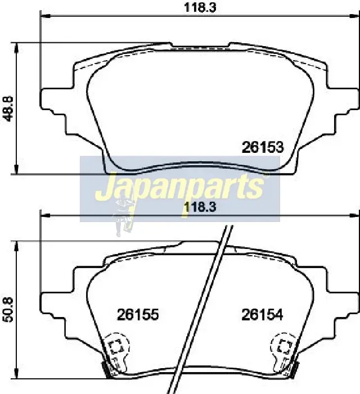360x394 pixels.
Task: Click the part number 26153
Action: pos(263,147)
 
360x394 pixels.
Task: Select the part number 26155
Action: pos(138,315)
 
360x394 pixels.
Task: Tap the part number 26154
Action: pos(262,315)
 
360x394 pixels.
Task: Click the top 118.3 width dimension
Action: pos(200,7)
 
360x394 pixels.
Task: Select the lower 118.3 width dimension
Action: pos(200,207)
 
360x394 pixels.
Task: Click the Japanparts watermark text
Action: pos(180,187)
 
